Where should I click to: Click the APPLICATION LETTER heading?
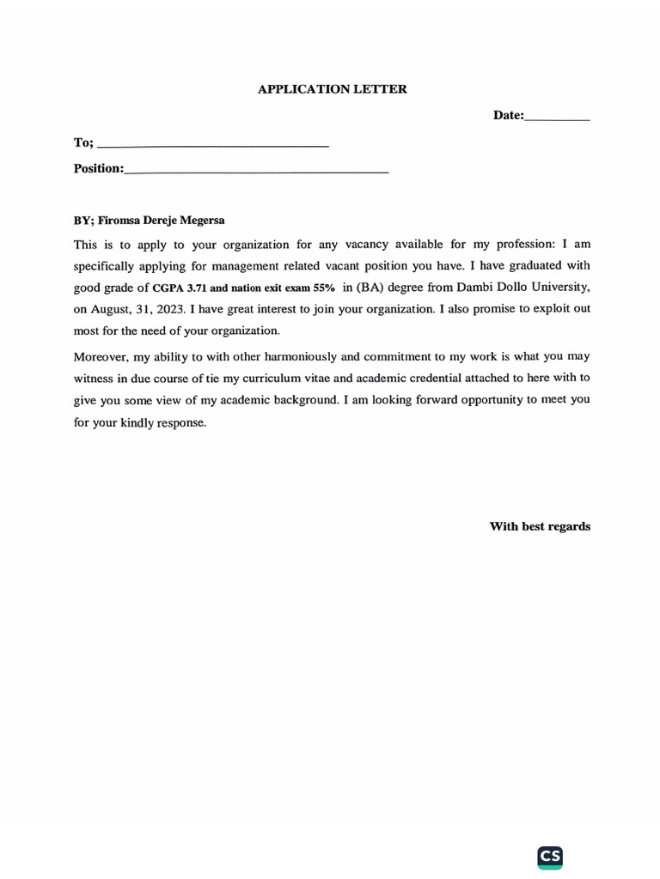point(332,89)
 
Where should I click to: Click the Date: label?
point(508,115)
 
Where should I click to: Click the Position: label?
point(99,168)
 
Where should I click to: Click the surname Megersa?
point(202,221)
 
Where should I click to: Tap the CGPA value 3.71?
point(197,288)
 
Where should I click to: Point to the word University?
point(562,288)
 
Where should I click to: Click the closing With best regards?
point(540,526)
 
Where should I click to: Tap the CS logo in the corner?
point(550,857)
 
